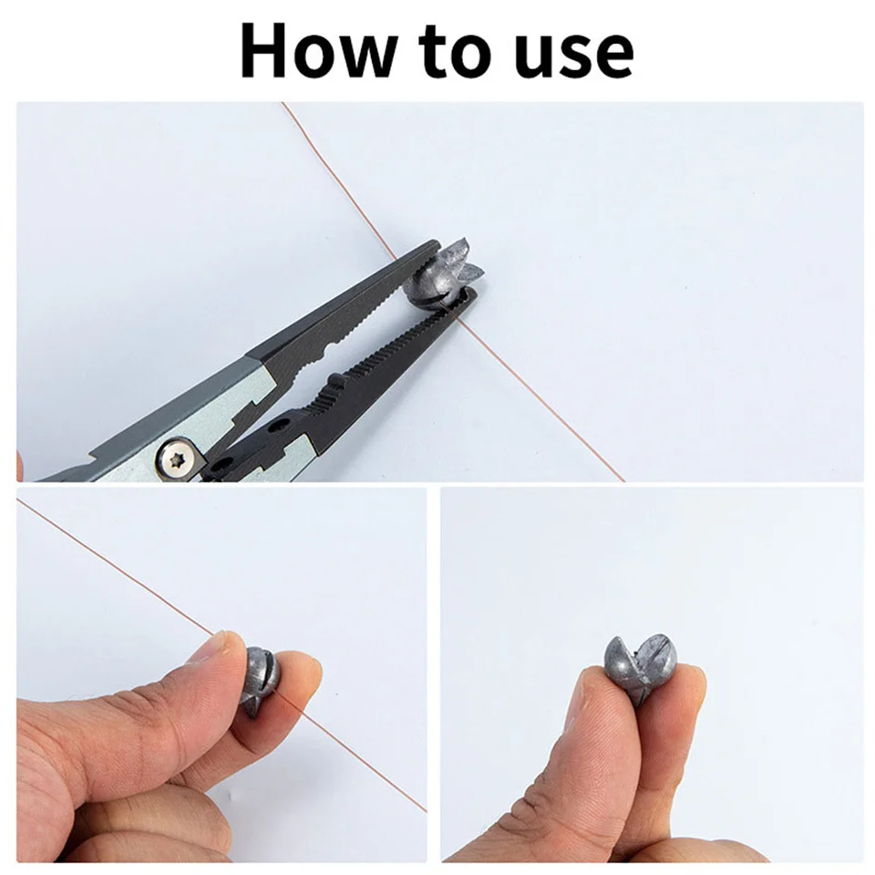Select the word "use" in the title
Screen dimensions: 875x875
575,57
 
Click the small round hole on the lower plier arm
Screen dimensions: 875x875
275,427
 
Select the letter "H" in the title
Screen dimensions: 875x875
264,51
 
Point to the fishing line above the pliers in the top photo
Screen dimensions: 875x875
340,180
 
